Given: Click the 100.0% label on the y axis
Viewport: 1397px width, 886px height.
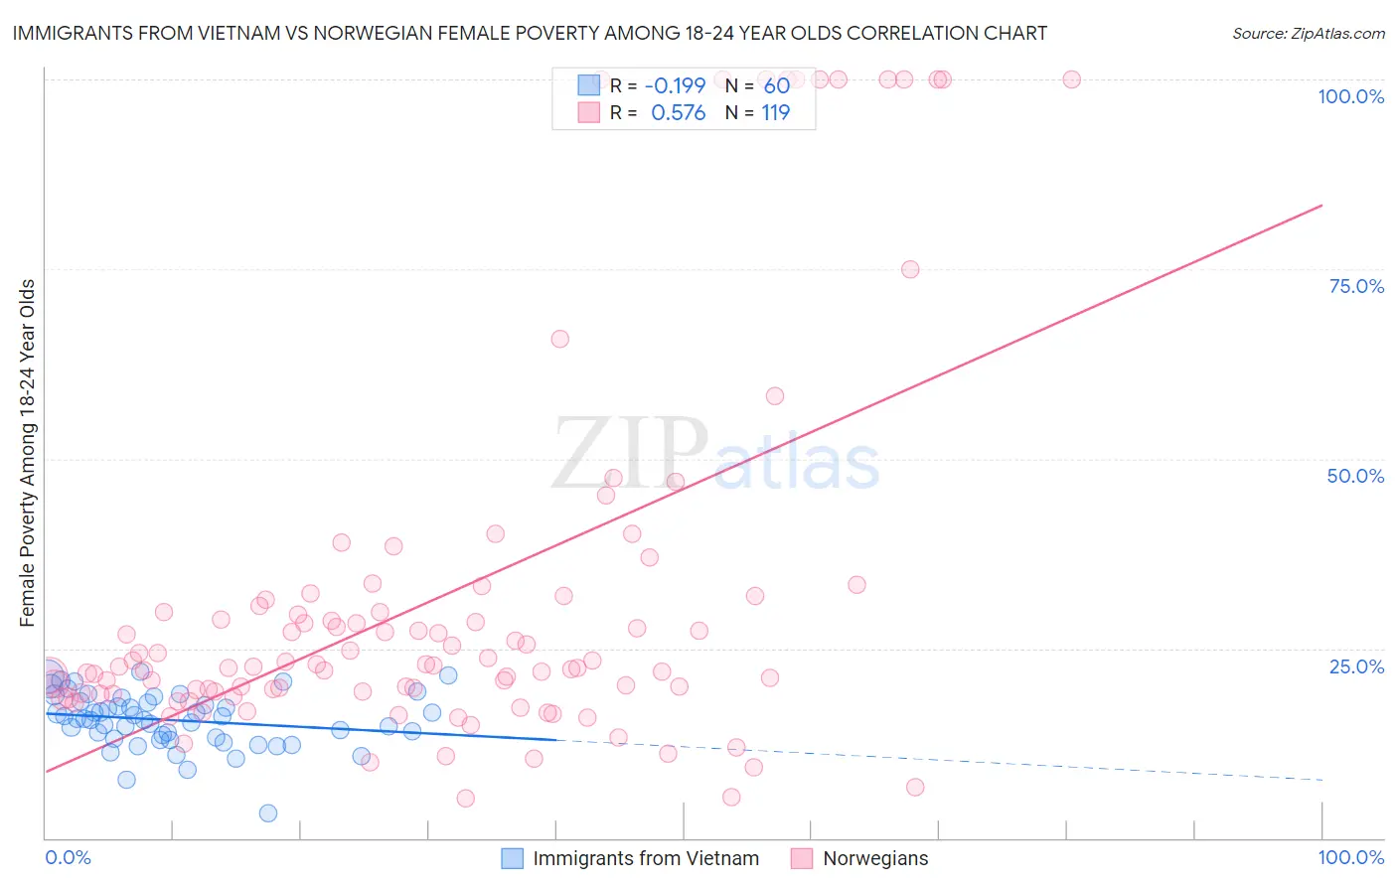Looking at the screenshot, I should coord(1350,96).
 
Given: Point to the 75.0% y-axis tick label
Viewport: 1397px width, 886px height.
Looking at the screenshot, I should coord(1356,286).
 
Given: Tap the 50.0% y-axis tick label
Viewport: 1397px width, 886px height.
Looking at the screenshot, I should coord(1355,476).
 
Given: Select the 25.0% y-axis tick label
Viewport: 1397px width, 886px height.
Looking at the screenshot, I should coord(1356,666).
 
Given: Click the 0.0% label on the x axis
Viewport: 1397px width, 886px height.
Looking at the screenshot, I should coord(68,857).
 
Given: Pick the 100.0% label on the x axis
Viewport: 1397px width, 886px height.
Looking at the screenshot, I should coord(1350,857).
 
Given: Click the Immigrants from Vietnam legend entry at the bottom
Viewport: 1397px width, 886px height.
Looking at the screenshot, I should coord(645,858).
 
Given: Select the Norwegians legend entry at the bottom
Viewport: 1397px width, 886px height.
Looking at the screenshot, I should coord(874,858).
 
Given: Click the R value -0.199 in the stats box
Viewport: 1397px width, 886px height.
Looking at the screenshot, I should coord(675,85).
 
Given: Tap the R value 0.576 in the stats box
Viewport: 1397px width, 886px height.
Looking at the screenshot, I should coord(678,113).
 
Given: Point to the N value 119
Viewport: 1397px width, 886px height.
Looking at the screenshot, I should coord(775,113).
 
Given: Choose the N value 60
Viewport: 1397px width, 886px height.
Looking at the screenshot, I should coord(776,85).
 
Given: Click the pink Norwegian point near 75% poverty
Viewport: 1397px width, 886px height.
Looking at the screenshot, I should coord(910,269).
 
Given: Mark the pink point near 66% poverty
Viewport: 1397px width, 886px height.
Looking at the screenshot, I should coord(560,339).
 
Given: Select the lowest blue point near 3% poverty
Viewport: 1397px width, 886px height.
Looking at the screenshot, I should coord(268,813).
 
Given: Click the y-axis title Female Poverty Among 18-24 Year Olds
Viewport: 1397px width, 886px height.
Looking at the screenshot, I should coord(28,453).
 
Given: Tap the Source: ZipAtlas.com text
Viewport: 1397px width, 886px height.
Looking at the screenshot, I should coord(1308,34).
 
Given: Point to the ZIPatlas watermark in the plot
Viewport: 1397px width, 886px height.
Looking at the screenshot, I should coord(715,455).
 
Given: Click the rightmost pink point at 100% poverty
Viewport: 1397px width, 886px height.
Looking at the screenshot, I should coord(1071,79).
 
